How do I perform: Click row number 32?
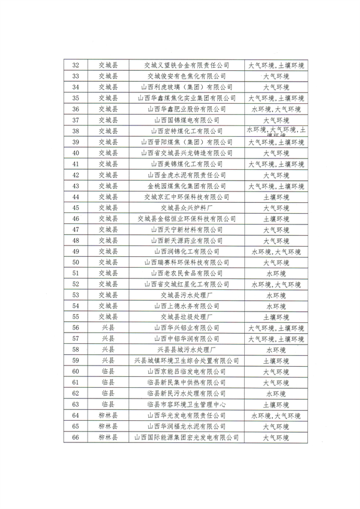[76, 65]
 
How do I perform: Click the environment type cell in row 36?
[276, 109]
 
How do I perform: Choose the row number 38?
[76, 131]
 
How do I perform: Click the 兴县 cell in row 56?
[108, 328]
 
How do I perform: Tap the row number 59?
[76, 361]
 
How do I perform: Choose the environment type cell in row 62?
[276, 394]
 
